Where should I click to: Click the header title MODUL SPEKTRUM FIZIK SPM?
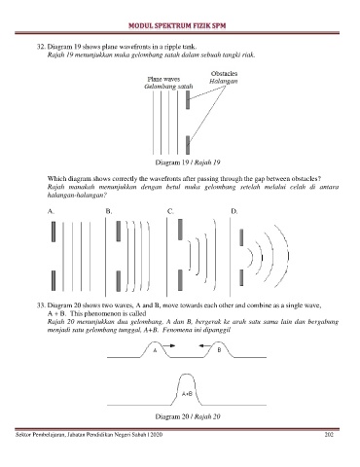point(177,25)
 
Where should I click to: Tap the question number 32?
point(41,47)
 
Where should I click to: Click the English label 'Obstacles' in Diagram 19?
point(224,74)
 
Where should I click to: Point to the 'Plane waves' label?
point(163,79)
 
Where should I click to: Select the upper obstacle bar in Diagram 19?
point(188,100)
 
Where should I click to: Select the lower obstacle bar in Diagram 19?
point(188,145)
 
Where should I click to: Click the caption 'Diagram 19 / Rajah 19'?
point(188,162)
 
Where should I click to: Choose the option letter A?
point(51,211)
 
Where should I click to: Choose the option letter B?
point(109,211)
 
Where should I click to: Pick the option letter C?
point(170,211)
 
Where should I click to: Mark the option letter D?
point(234,211)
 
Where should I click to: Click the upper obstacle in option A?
point(54,232)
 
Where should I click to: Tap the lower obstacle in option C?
point(180,280)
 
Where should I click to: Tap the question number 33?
point(41,305)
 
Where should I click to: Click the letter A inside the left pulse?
point(155,350)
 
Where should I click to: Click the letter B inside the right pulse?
point(219,350)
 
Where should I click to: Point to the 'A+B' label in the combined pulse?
point(187,394)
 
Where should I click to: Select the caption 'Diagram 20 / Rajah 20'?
point(188,416)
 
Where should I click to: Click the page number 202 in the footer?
point(329,435)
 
